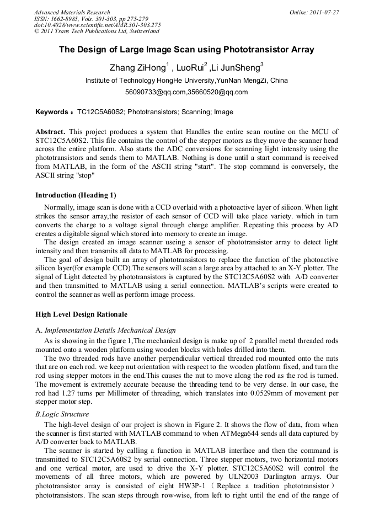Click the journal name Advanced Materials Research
pyautogui.click(x=72, y=12)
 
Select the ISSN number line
pyautogui.click(x=91, y=19)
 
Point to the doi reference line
pyautogui.click(x=97, y=25)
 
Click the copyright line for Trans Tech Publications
pyautogui.click(x=97, y=31)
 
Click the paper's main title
pyautogui.click(x=186, y=50)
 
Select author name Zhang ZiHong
pyautogui.click(x=138, y=68)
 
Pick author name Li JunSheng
pyautogui.click(x=236, y=68)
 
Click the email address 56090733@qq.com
pyautogui.click(x=156, y=92)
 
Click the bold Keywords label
pyautogui.click(x=54, y=112)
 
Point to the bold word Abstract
pyautogui.click(x=50, y=132)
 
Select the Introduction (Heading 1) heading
pyautogui.click(x=76, y=195)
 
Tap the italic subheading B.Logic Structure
pyautogui.click(x=62, y=414)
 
